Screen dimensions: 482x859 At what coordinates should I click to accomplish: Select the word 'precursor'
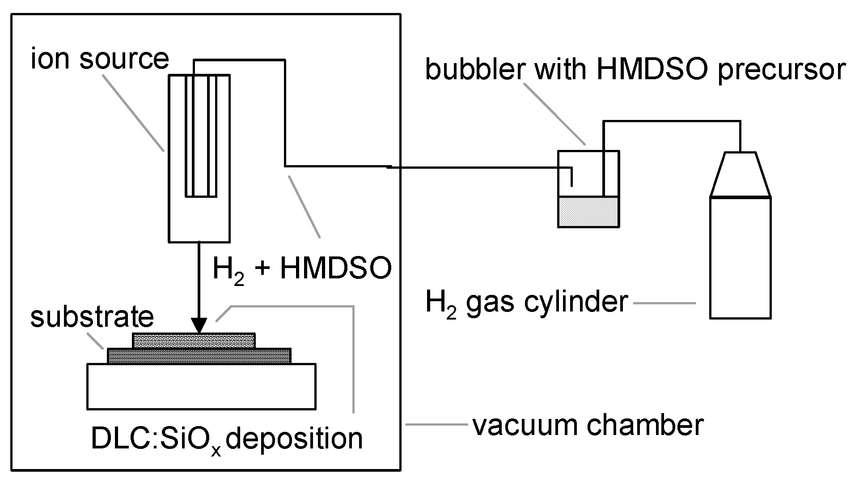pyautogui.click(x=781, y=70)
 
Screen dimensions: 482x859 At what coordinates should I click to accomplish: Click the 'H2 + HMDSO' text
pyautogui.click(x=302, y=269)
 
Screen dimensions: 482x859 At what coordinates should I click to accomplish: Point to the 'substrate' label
pyautogui.click(x=92, y=316)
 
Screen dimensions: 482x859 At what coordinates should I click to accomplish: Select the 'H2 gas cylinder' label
pyautogui.click(x=526, y=302)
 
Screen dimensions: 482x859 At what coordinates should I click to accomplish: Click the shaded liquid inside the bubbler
pyautogui.click(x=588, y=212)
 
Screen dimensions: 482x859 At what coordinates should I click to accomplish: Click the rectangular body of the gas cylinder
pyautogui.click(x=741, y=257)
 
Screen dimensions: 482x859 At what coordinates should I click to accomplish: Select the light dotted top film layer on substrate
pyautogui.click(x=194, y=341)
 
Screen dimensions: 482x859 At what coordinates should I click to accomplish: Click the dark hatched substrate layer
pyautogui.click(x=199, y=356)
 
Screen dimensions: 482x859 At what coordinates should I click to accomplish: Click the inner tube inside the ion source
pyautogui.click(x=201, y=134)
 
